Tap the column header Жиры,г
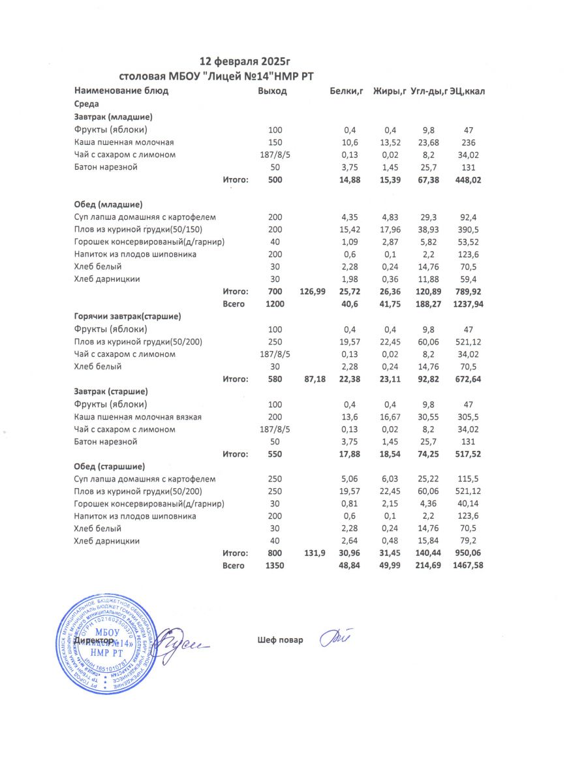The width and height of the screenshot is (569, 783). pos(390,91)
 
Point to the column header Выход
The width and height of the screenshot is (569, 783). pos(272,91)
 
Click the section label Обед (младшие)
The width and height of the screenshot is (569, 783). pos(108,204)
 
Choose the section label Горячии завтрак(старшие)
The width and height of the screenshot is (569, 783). pos(127,316)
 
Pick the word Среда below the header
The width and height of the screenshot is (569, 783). pos(86,104)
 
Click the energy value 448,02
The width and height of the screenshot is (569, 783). pos(468,180)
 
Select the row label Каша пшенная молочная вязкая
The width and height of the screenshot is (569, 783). pos(138,417)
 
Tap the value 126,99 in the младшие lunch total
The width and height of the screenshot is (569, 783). pos(312,291)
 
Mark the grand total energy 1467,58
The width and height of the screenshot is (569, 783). pos(468,566)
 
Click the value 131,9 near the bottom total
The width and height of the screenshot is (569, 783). pos(315,553)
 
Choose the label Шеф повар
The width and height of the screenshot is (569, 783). pos(281,640)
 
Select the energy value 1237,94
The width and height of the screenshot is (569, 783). pos(468,303)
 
